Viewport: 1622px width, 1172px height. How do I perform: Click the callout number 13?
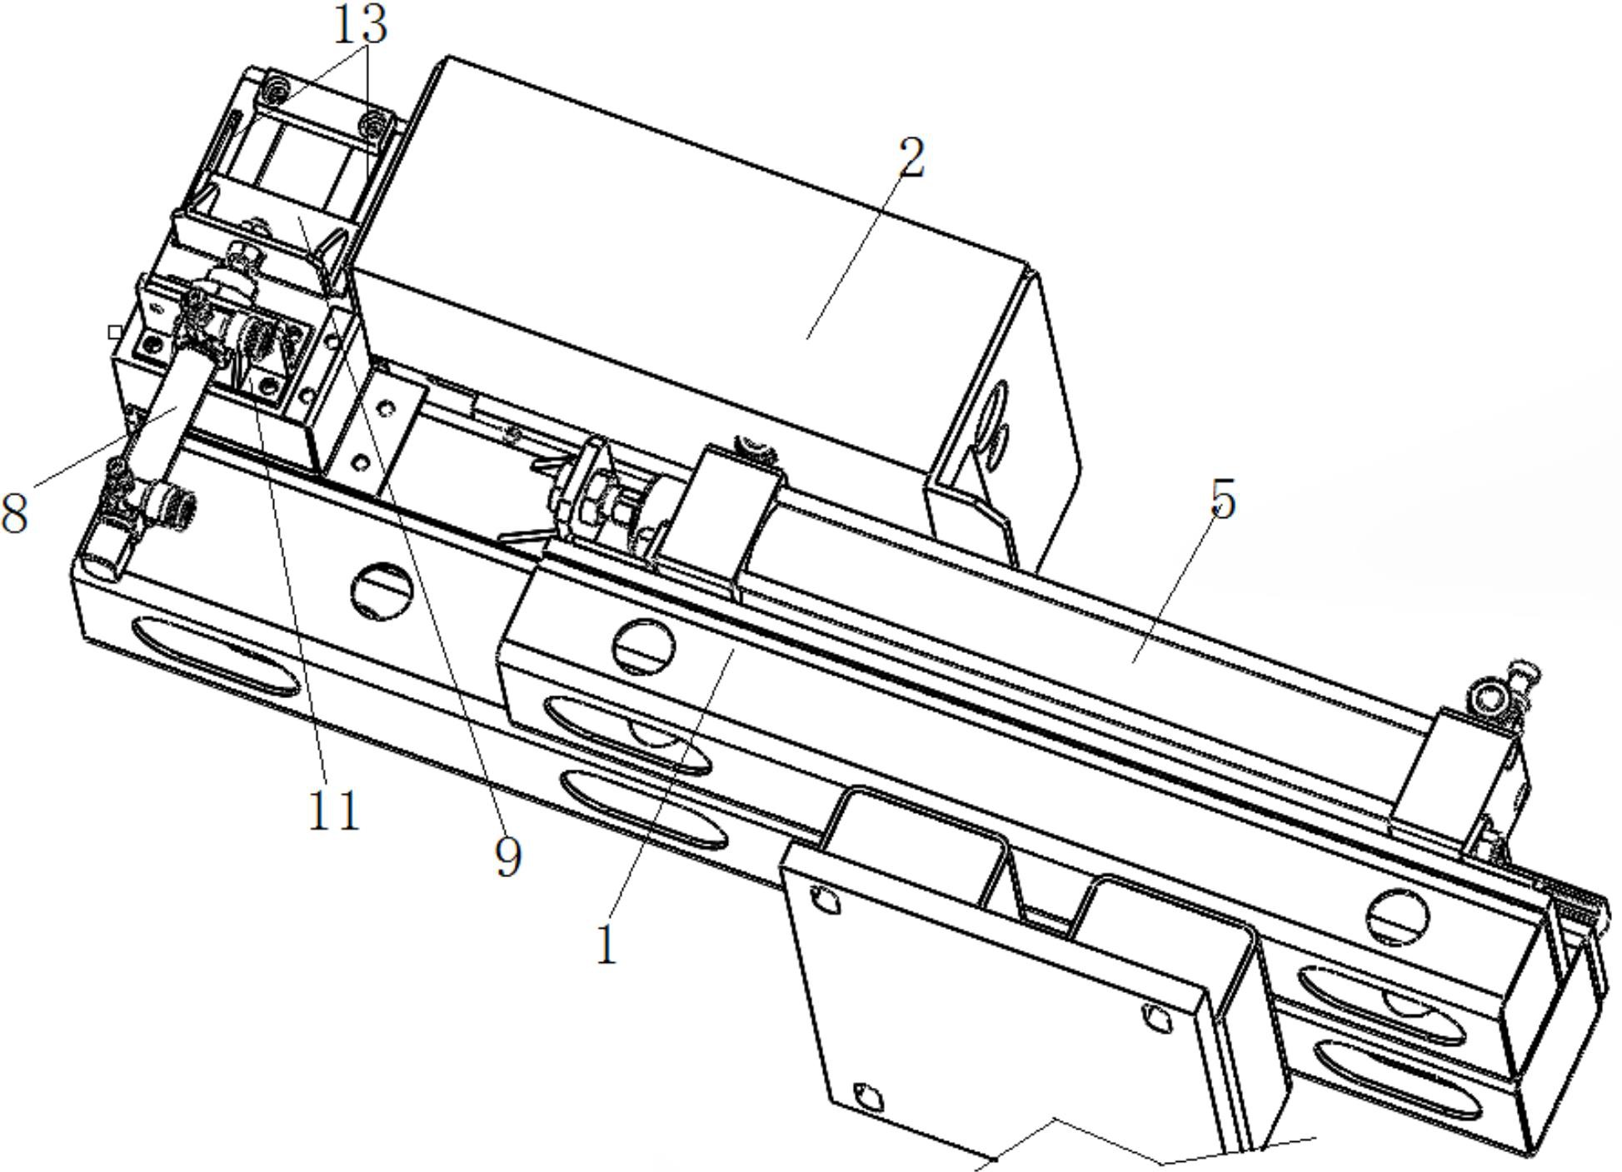[360, 25]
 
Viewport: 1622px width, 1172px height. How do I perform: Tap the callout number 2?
[912, 158]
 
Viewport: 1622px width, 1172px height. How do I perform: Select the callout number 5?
[1222, 500]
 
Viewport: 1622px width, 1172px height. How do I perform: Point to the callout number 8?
[15, 512]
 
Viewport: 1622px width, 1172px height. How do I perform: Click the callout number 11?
[334, 810]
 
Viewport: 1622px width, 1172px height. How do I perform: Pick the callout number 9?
[508, 856]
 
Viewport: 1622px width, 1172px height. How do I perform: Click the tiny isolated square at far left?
[115, 332]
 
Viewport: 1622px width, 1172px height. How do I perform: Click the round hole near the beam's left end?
[382, 591]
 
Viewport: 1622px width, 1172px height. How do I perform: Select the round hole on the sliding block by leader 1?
[644, 647]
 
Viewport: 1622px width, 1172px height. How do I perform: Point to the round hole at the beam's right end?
[1398, 918]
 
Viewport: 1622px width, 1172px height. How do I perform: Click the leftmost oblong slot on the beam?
[215, 657]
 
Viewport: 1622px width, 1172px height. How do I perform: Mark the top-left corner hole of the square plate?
[825, 900]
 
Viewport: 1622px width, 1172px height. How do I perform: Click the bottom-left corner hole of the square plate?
[869, 1098]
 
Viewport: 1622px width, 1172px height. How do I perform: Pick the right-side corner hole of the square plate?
[1155, 1017]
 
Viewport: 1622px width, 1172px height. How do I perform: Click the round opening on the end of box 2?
[996, 416]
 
